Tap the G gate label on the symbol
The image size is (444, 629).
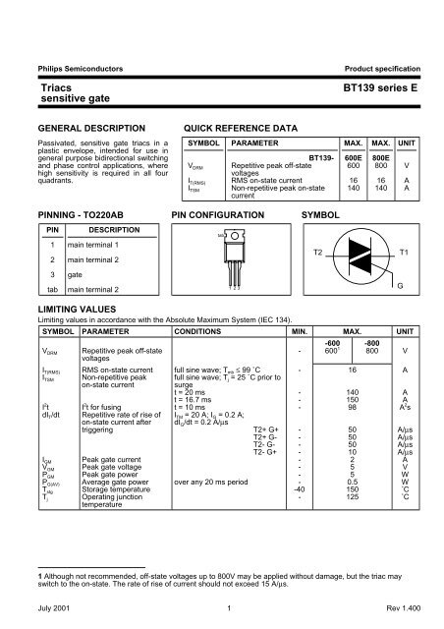click(400, 284)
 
